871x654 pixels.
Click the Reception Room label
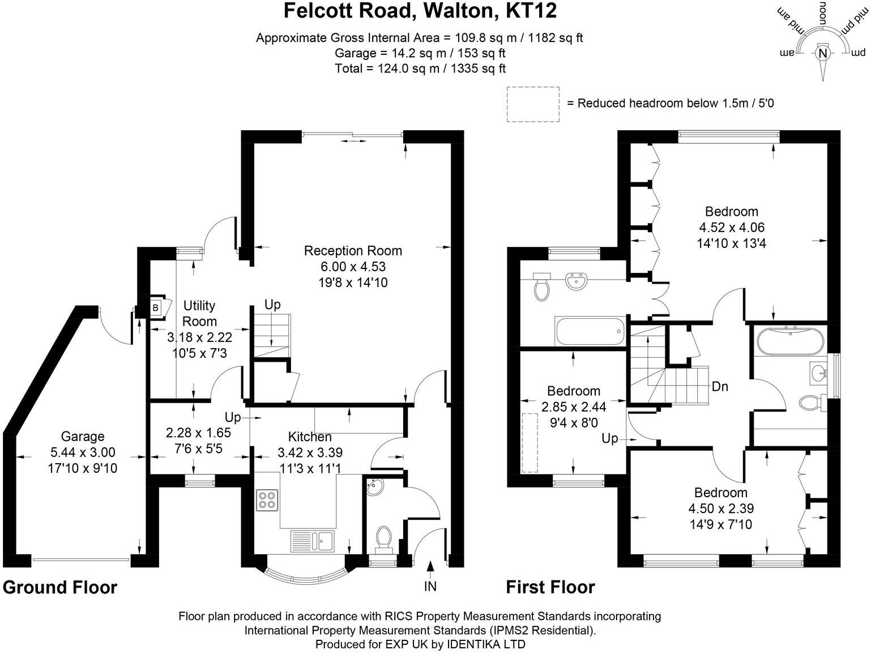coord(353,251)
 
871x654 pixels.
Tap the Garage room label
coord(83,436)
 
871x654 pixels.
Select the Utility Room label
coord(199,313)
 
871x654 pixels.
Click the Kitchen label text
coord(310,437)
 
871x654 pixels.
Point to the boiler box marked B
coord(156,307)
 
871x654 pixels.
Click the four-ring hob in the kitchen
coord(267,501)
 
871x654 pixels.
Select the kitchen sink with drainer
coord(313,541)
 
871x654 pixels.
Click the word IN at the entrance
coord(430,586)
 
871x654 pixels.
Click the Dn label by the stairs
coord(720,386)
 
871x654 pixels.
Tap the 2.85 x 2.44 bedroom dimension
coord(574,407)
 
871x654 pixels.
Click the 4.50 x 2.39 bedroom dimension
coord(721,508)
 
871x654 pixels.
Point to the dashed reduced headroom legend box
coord(533,104)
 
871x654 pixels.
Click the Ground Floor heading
coord(60,587)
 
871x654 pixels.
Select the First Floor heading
coord(550,587)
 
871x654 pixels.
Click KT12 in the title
coord(531,11)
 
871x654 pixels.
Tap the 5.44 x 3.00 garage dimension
coord(83,452)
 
